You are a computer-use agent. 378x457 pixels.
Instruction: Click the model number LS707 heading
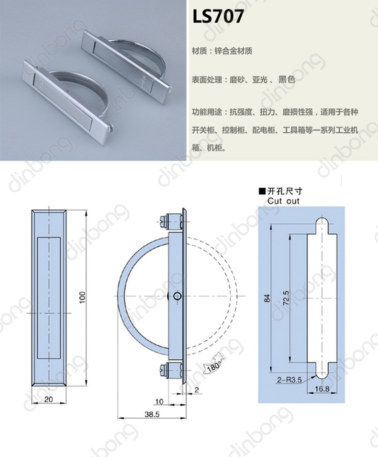tap(218, 16)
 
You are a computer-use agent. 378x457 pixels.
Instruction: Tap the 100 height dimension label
tap(82, 297)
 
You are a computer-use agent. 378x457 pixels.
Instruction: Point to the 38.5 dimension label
tap(152, 414)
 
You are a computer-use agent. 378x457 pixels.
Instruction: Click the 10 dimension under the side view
tap(159, 401)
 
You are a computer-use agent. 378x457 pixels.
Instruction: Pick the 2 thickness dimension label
tap(197, 389)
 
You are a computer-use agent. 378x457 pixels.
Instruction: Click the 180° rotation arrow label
tap(213, 366)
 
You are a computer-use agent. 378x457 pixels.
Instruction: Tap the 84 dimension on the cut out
tap(267, 298)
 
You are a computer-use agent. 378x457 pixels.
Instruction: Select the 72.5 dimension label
tap(286, 297)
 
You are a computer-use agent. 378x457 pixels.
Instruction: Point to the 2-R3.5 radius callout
tap(289, 380)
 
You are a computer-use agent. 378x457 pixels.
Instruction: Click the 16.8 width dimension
tap(322, 388)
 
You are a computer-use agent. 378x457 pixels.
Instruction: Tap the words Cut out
tap(283, 201)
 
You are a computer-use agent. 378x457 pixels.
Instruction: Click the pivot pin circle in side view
tap(178, 296)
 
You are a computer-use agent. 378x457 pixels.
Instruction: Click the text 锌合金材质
tap(233, 51)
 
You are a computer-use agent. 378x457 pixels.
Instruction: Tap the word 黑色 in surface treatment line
tap(287, 79)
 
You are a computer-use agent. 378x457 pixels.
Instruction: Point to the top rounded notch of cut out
tap(322, 225)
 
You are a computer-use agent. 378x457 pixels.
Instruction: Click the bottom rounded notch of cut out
tap(322, 371)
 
